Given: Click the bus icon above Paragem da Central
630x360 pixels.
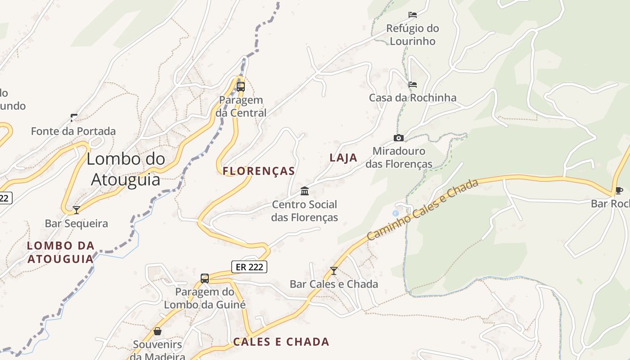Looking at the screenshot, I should (x=241, y=86).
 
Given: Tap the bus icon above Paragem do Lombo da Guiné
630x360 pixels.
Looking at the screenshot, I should (x=205, y=279).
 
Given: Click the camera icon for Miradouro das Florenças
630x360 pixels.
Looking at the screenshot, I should (x=398, y=138).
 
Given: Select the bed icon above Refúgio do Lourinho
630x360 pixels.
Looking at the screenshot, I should (x=412, y=15).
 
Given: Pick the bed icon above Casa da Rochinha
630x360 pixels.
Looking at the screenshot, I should (x=412, y=85).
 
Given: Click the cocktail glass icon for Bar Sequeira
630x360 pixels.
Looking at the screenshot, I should (x=76, y=210).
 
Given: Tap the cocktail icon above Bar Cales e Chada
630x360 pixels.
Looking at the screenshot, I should (x=333, y=270).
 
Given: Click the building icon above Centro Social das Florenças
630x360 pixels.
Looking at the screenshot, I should (x=305, y=191).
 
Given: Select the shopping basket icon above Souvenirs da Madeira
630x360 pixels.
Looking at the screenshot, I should (x=157, y=331).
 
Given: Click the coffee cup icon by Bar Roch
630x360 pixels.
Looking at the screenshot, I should (x=619, y=190).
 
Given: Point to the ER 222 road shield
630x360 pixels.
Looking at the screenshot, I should (x=249, y=267).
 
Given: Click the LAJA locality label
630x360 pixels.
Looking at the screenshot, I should (x=343, y=158).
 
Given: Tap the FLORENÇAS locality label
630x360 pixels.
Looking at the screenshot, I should (x=259, y=171).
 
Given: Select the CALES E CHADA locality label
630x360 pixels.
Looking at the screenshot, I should (x=281, y=342).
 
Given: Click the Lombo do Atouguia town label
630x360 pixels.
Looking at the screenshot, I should (x=126, y=169).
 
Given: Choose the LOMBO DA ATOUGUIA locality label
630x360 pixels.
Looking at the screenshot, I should (x=61, y=252).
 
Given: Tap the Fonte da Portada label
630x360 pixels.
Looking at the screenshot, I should (x=73, y=131).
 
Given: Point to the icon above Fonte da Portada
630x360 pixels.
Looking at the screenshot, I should (x=74, y=118).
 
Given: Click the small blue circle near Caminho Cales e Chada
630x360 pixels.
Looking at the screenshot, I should (x=396, y=213).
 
